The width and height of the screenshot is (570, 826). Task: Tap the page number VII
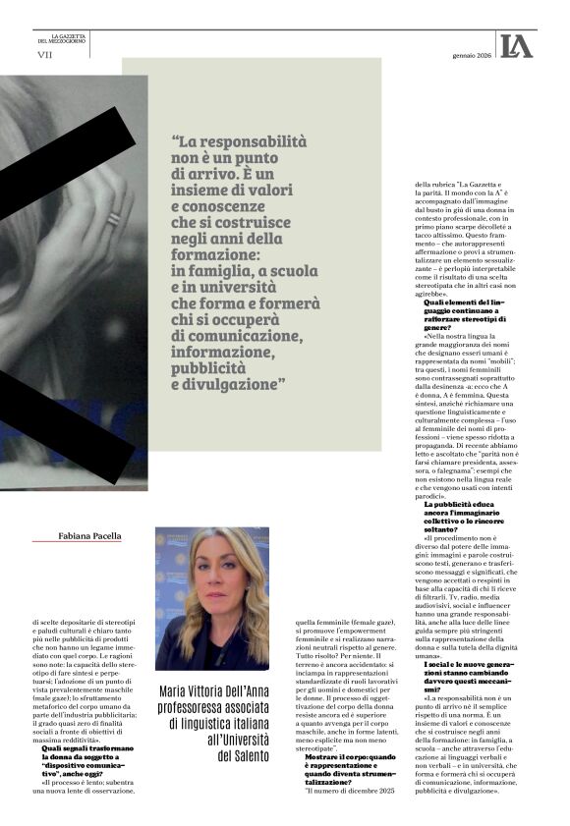click(x=44, y=55)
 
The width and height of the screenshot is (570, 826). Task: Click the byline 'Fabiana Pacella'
click(x=89, y=536)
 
